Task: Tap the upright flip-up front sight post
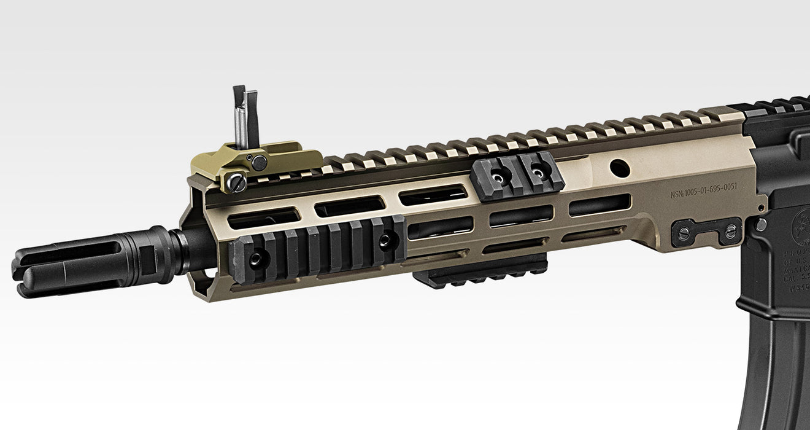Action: (x=246, y=117)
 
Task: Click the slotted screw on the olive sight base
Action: (x=237, y=182)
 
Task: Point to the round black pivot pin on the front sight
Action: (x=260, y=163)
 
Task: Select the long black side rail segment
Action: (x=318, y=248)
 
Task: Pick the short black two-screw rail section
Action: (x=517, y=177)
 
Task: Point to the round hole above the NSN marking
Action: (x=620, y=167)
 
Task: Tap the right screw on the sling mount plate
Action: (x=730, y=232)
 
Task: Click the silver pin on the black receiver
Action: (x=762, y=224)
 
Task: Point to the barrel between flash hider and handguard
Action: (x=188, y=251)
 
